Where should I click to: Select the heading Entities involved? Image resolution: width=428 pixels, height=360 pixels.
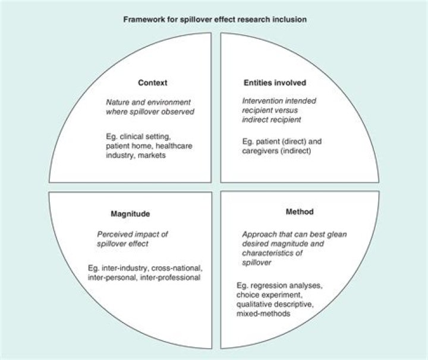coord(275,82)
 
